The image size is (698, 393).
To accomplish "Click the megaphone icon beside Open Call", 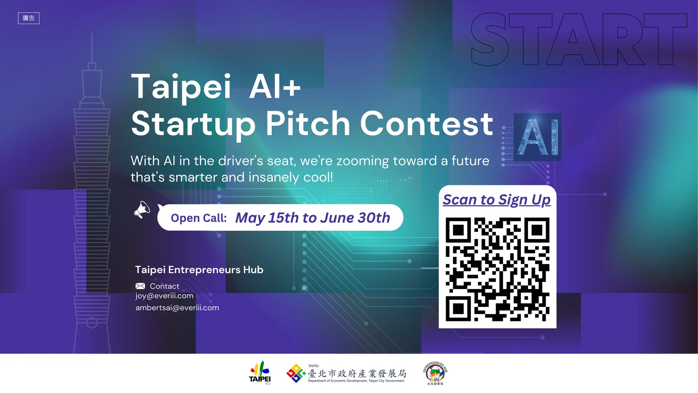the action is click(142, 210).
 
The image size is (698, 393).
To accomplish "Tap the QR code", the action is click(497, 269).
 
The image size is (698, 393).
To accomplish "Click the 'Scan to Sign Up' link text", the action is click(496, 200).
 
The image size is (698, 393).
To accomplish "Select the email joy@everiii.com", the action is click(164, 296).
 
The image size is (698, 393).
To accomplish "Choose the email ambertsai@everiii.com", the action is click(177, 308).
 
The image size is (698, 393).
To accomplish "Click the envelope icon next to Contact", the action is click(140, 286).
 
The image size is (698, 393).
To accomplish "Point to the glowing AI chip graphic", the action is click(537, 137).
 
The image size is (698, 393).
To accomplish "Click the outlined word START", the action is click(579, 39).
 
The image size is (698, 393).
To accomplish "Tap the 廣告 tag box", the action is click(29, 18).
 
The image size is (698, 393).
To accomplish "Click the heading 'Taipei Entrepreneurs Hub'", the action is click(199, 270).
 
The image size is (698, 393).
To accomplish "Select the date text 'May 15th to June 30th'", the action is click(312, 218).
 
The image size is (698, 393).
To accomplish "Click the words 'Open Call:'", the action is click(199, 218).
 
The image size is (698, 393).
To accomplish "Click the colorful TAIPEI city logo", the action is click(260, 373).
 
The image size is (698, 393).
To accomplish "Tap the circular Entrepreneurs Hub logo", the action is click(435, 373).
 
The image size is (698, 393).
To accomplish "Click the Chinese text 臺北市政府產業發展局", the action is click(357, 374).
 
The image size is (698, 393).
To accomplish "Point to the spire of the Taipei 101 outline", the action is click(92, 48).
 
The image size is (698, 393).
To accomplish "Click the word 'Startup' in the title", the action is click(193, 125).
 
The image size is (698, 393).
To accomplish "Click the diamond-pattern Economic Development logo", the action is click(296, 373).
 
